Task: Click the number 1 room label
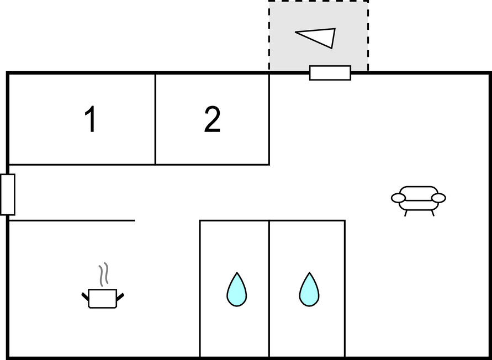[91, 119]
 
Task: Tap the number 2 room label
[212, 119]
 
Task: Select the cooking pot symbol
[103, 298]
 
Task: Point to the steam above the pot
[104, 274]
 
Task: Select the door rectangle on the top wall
[330, 73]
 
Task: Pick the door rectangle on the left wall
[8, 194]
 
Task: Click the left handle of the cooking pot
[85, 297]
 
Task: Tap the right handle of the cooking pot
[120, 297]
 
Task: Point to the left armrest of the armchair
[398, 198]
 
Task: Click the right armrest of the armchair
[438, 198]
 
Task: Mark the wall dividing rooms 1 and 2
[155, 119]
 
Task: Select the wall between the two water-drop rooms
[269, 289]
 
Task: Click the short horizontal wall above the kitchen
[72, 221]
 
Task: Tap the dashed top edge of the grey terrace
[318, 1]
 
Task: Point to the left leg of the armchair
[406, 214]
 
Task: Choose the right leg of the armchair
[433, 214]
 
